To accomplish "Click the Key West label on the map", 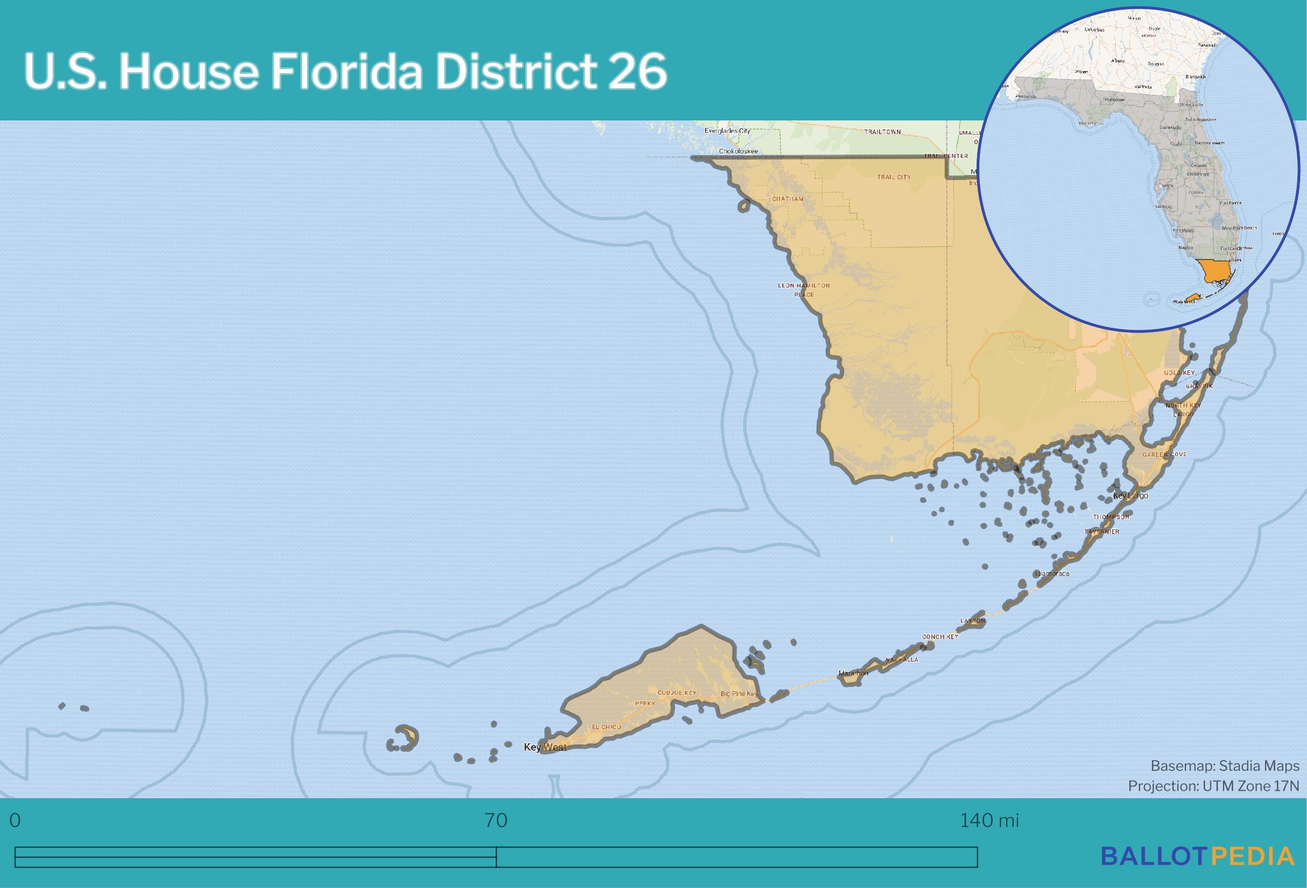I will [x=545, y=747].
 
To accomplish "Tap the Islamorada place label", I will [x=1052, y=573].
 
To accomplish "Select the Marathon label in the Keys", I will [x=853, y=673].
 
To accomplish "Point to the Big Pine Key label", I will [x=739, y=694].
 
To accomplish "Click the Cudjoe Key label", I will [x=677, y=693].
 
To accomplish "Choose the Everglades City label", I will [x=727, y=131].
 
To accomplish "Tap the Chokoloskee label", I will [x=738, y=151].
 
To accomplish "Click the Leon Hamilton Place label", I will [x=803, y=290].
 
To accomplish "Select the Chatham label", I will [x=787, y=199].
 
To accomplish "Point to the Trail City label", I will [x=894, y=177].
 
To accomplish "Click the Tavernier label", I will [x=1101, y=532].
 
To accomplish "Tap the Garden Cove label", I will [x=1164, y=455].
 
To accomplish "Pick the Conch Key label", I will [x=940, y=637].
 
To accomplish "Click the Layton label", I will [x=973, y=621].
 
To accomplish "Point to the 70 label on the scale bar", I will [x=496, y=820].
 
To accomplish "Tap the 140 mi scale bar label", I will [x=989, y=820].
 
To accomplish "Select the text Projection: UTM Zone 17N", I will [x=1213, y=786].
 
